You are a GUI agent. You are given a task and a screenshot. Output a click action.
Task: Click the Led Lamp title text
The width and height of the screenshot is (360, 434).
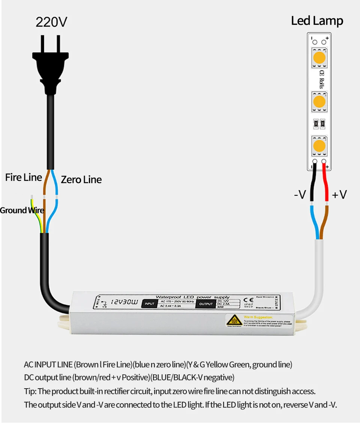coord(317,21)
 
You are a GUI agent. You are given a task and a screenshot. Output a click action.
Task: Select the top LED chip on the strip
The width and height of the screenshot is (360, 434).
coord(319,58)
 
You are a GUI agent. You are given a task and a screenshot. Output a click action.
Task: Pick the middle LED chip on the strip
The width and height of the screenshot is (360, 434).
coord(319,101)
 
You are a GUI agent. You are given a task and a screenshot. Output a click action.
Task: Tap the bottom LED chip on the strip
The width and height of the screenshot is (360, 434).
coord(319,145)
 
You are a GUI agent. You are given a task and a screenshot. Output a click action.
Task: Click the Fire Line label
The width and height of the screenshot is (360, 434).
coord(23,177)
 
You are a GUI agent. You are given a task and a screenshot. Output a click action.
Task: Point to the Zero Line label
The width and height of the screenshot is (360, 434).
coord(81,180)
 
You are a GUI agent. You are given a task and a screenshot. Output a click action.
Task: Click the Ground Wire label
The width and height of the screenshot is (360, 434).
coord(22,210)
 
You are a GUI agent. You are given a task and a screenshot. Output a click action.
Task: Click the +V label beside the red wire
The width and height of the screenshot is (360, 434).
coord(339,194)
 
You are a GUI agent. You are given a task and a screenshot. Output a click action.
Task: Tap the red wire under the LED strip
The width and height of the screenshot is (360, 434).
coord(325,184)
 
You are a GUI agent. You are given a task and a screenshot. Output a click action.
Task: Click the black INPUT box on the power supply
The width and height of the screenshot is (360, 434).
coord(149,304)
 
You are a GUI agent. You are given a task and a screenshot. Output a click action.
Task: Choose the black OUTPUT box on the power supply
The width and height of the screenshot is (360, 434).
coord(206,304)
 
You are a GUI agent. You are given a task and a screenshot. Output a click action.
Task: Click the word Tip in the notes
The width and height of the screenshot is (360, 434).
coord(30,391)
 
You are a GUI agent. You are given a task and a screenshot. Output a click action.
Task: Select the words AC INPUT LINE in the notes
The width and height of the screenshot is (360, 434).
coord(48,364)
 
